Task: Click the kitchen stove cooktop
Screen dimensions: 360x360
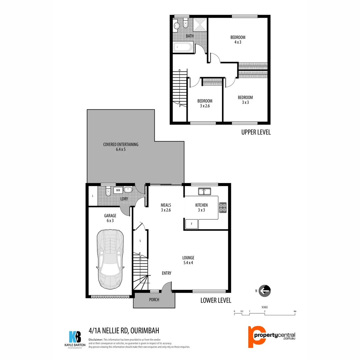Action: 223,207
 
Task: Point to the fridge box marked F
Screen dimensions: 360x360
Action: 192,224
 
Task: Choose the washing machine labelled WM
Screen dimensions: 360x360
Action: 118,190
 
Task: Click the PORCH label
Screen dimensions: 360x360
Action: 154,300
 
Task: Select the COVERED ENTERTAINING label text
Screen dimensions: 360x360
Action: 121,145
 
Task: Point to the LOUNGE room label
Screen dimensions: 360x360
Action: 188,258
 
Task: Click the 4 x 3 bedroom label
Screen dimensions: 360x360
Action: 238,39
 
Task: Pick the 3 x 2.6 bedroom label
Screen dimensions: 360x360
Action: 205,103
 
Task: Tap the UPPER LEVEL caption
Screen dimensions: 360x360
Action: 256,132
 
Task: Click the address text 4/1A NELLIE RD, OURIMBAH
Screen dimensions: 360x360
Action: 124,331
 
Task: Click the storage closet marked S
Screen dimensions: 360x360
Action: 140,241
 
